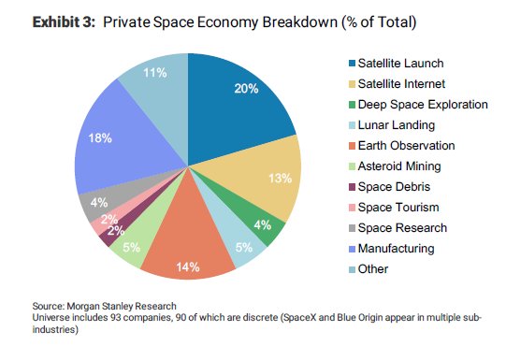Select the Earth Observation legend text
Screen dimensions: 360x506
394,146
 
